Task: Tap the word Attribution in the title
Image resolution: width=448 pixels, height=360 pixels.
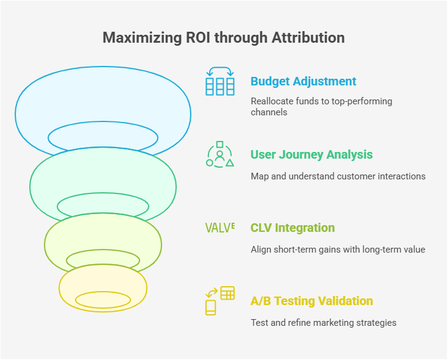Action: (308, 38)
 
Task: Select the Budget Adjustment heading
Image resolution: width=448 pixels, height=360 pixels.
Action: (303, 82)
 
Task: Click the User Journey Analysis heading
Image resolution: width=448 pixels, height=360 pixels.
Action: (311, 155)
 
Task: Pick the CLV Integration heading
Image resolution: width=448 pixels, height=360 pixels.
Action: (293, 228)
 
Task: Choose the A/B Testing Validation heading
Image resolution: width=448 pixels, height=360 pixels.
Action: (311, 301)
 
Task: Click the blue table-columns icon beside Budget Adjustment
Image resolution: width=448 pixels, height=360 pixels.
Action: (219, 81)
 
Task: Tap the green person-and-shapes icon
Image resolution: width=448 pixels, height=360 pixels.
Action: (219, 154)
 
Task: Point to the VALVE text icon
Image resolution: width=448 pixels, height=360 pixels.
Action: (220, 228)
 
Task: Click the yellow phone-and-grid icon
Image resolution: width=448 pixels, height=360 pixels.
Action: (219, 301)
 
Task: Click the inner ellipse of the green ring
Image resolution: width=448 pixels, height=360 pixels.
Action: (103, 193)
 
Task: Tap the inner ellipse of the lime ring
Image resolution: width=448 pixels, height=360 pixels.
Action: (103, 250)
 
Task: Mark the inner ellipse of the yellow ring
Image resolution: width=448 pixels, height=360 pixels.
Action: (103, 292)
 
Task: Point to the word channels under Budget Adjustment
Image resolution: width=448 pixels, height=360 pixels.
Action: (269, 112)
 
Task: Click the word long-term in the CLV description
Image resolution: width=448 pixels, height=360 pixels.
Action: (381, 250)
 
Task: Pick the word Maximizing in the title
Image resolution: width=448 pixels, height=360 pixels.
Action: (142, 38)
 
